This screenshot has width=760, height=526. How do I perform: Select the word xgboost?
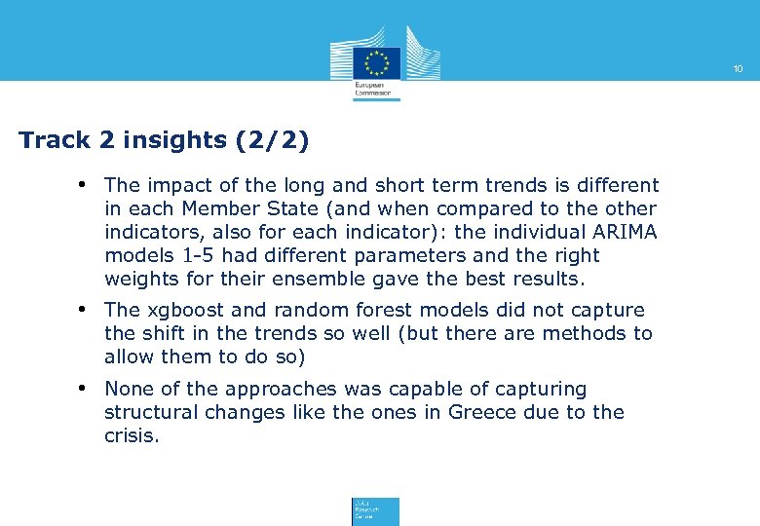pos(184,310)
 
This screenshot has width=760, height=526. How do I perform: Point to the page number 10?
pos(738,69)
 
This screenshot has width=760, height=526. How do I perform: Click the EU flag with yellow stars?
pos(376,61)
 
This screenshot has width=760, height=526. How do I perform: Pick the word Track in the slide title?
pos(55,140)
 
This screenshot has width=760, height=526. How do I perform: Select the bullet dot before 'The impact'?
pos(85,184)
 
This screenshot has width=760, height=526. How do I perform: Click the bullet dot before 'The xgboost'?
pos(85,310)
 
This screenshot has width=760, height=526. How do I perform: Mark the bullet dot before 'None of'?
pos(85,389)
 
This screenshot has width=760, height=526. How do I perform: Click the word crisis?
pos(131,435)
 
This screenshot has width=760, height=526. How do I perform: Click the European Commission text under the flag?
pos(369,89)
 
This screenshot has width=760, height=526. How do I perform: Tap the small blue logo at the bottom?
pos(375,511)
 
